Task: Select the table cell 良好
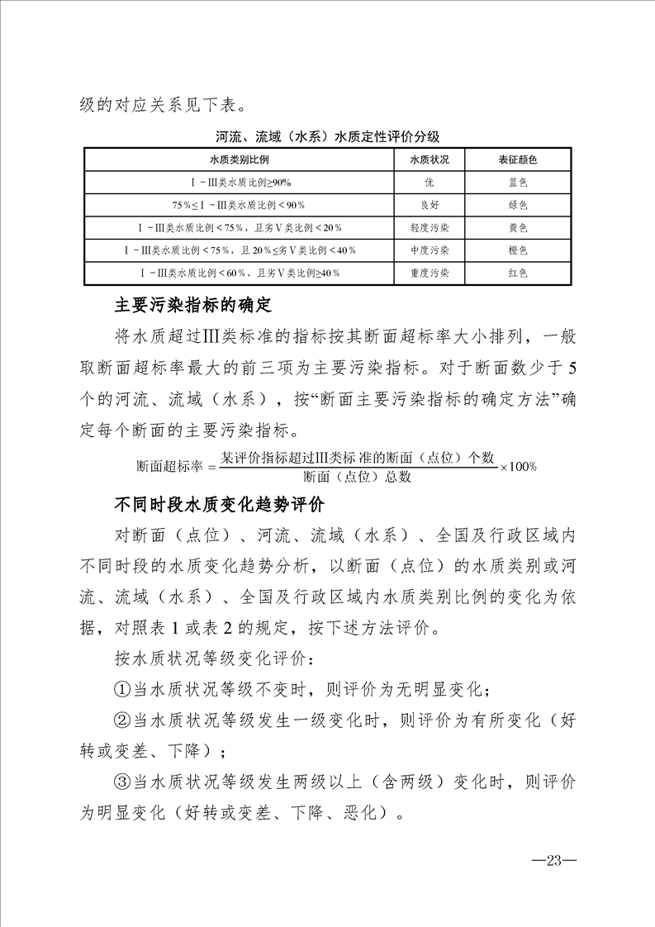click(x=430, y=204)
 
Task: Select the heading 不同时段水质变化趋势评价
click(x=220, y=505)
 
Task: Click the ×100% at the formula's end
click(x=519, y=467)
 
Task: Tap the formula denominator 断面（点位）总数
click(x=357, y=477)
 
